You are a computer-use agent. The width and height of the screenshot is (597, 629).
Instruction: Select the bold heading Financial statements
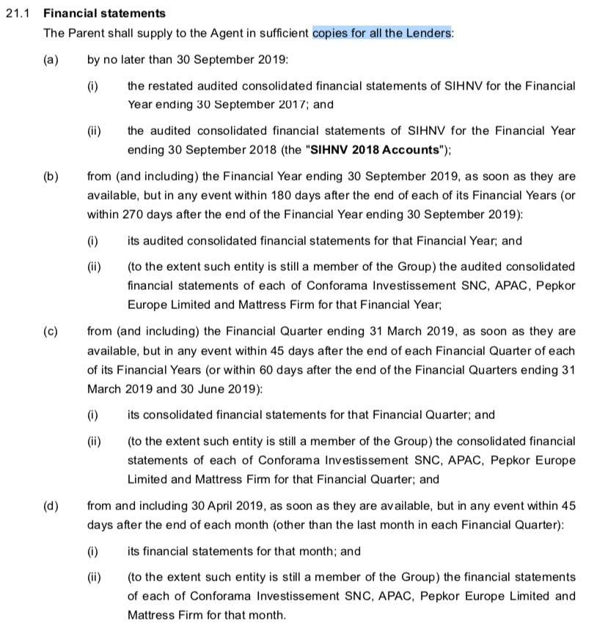point(104,13)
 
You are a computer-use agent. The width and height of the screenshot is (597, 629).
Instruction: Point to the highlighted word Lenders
point(429,33)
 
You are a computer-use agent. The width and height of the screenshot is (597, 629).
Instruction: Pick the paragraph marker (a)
point(51,59)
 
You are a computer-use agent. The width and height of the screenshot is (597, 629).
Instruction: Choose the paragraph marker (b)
point(51,177)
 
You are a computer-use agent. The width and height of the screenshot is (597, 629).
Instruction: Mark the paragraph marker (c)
point(51,331)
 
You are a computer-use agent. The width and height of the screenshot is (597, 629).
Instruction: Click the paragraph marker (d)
point(51,506)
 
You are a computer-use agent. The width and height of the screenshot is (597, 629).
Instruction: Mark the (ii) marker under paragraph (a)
point(93,131)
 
